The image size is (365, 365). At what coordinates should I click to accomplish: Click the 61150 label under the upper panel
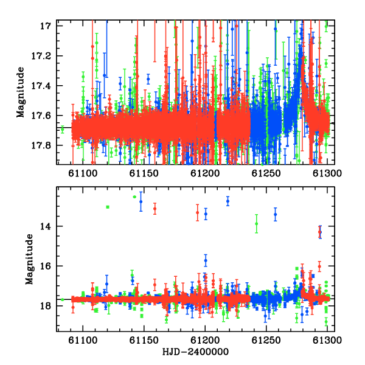pyautogui.click(x=144, y=173)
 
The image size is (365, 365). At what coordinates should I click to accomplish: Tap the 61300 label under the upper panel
pyautogui.click(x=327, y=173)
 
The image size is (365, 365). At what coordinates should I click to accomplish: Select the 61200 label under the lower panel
pyautogui.click(x=205, y=340)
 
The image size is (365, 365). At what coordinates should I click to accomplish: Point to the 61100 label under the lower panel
pyautogui.click(x=83, y=340)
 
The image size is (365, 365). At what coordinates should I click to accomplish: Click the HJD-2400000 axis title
pyautogui.click(x=195, y=352)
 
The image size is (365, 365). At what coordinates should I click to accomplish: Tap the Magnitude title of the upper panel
pyautogui.click(x=21, y=92)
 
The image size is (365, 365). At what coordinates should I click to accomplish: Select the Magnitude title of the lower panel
pyautogui.click(x=29, y=259)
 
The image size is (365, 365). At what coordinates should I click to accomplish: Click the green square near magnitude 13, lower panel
pyautogui.click(x=108, y=207)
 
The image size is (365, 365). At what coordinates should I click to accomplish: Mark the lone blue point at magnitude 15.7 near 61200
pyautogui.click(x=206, y=260)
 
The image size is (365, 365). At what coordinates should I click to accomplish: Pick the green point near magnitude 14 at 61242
pyautogui.click(x=257, y=224)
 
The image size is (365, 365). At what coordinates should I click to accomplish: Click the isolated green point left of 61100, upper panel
pyautogui.click(x=63, y=129)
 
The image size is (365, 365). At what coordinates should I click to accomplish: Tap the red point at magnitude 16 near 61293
pyautogui.click(x=319, y=266)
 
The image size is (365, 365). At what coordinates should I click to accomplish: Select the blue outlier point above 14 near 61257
pyautogui.click(x=276, y=214)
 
